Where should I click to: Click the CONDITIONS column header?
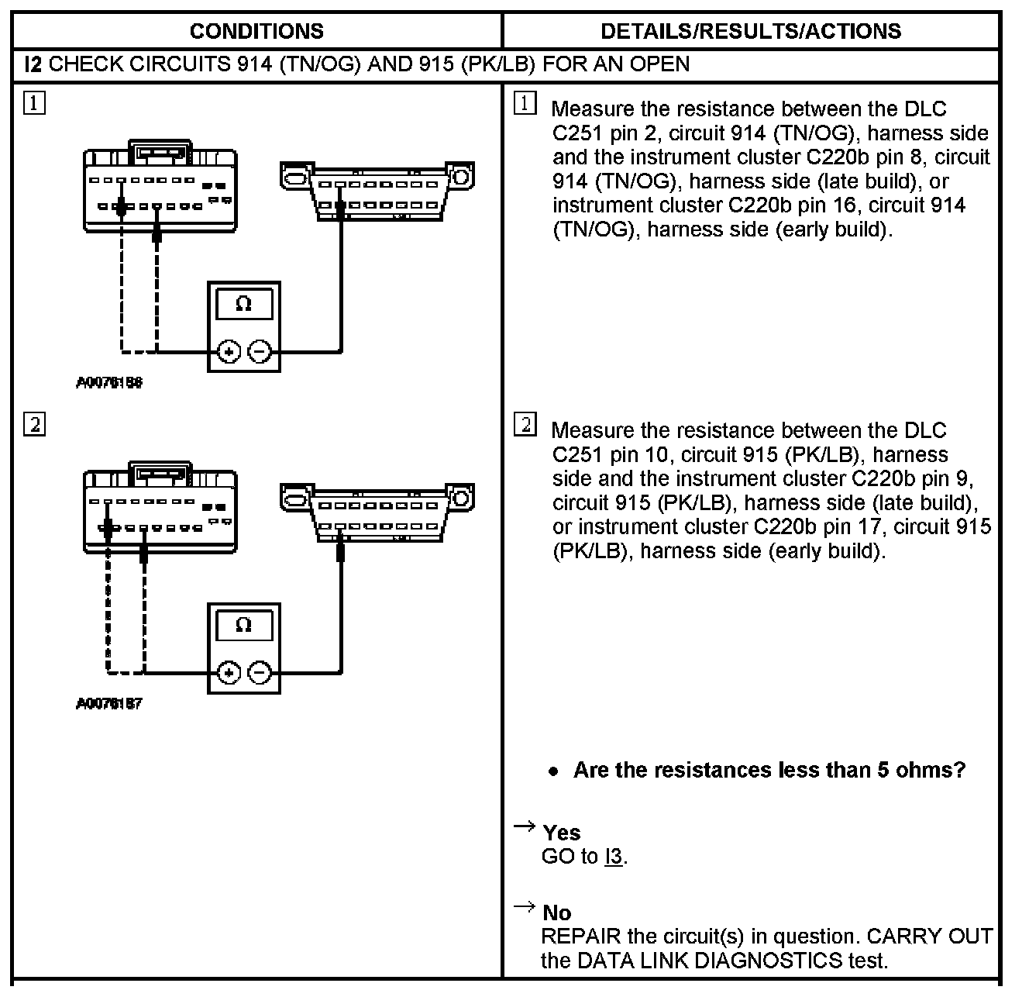click(256, 31)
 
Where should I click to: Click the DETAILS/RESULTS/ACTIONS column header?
click(751, 31)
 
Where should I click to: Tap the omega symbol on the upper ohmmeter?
click(243, 304)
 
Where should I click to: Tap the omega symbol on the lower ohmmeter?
click(243, 625)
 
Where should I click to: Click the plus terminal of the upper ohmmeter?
click(228, 352)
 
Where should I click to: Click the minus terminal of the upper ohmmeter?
click(260, 352)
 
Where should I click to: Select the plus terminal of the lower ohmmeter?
click(228, 673)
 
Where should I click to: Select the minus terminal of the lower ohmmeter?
click(260, 673)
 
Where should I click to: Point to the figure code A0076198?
click(109, 383)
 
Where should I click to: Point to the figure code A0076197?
click(109, 704)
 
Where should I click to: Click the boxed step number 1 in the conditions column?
click(34, 103)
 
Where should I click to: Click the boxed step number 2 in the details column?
click(525, 425)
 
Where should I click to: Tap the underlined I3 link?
click(613, 857)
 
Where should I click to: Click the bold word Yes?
click(561, 833)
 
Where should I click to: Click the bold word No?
click(556, 912)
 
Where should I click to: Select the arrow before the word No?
click(525, 906)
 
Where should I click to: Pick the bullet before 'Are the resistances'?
click(552, 771)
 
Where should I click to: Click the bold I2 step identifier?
click(33, 64)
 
